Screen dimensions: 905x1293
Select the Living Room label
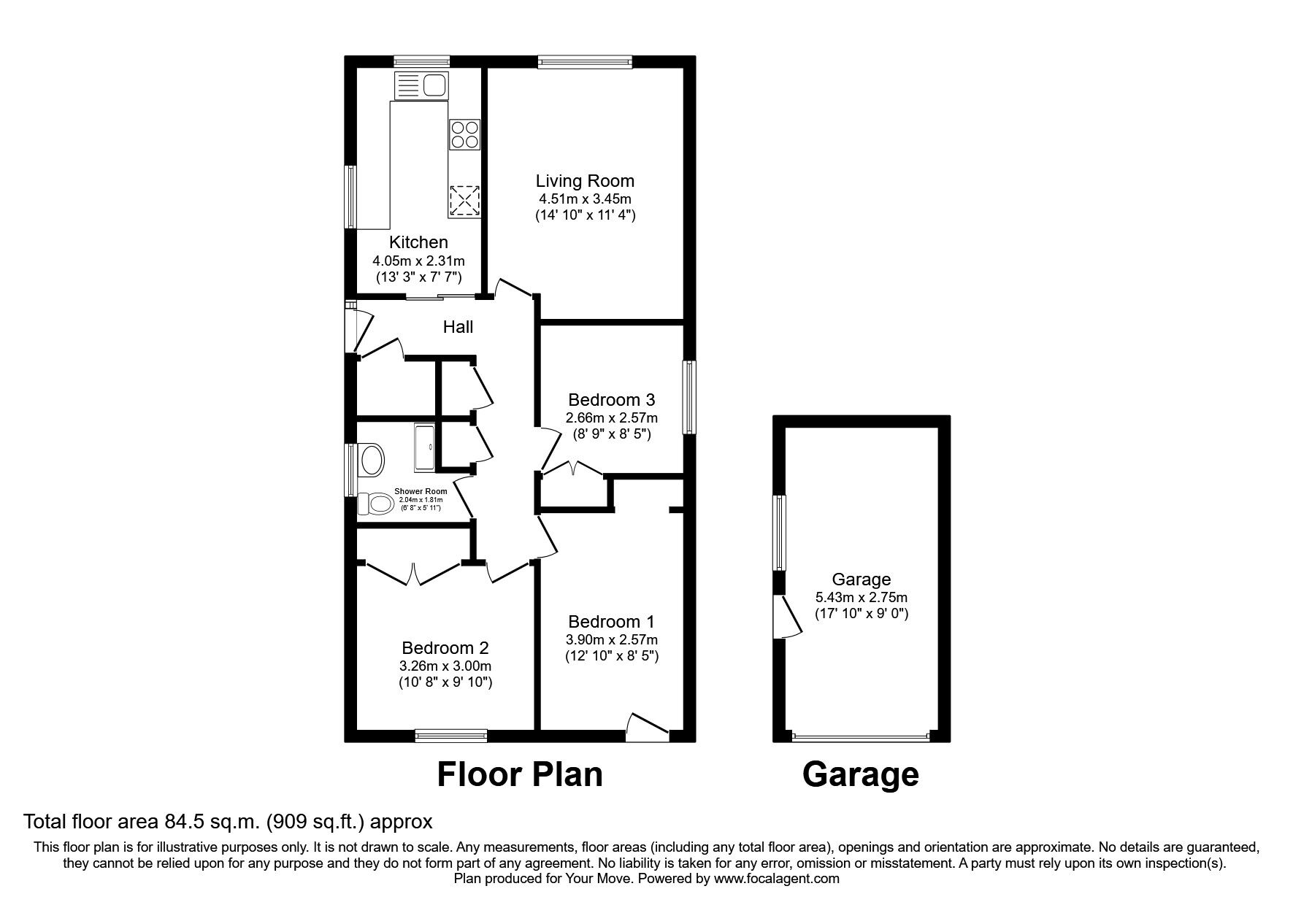point(585,181)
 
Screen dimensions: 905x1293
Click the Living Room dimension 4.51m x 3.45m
point(585,199)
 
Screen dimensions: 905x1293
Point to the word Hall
point(458,327)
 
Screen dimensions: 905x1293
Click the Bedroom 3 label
point(611,400)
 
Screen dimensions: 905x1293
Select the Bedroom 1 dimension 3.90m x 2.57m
point(611,639)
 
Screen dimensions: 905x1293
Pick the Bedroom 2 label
point(445,648)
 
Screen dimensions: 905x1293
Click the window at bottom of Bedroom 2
point(450,736)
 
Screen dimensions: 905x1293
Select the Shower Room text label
point(421,491)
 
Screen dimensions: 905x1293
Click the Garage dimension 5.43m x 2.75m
point(862,597)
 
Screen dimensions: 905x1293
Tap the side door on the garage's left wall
point(787,617)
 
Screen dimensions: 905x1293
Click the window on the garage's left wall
point(780,533)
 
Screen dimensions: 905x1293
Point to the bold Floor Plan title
point(520,774)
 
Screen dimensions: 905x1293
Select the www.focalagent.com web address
point(777,879)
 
